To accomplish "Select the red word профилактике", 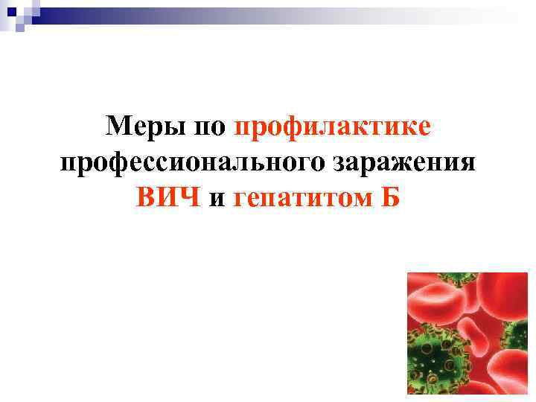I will [332, 127].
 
